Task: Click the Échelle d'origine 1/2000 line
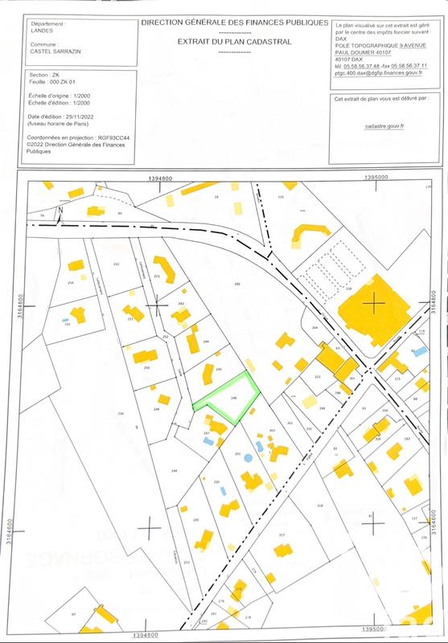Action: [61, 97]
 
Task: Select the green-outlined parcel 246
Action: [231, 398]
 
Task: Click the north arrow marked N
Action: [60, 211]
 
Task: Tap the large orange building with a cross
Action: [374, 306]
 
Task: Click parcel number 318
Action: [319, 505]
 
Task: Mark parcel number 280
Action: [236, 284]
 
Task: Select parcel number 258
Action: [121, 413]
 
